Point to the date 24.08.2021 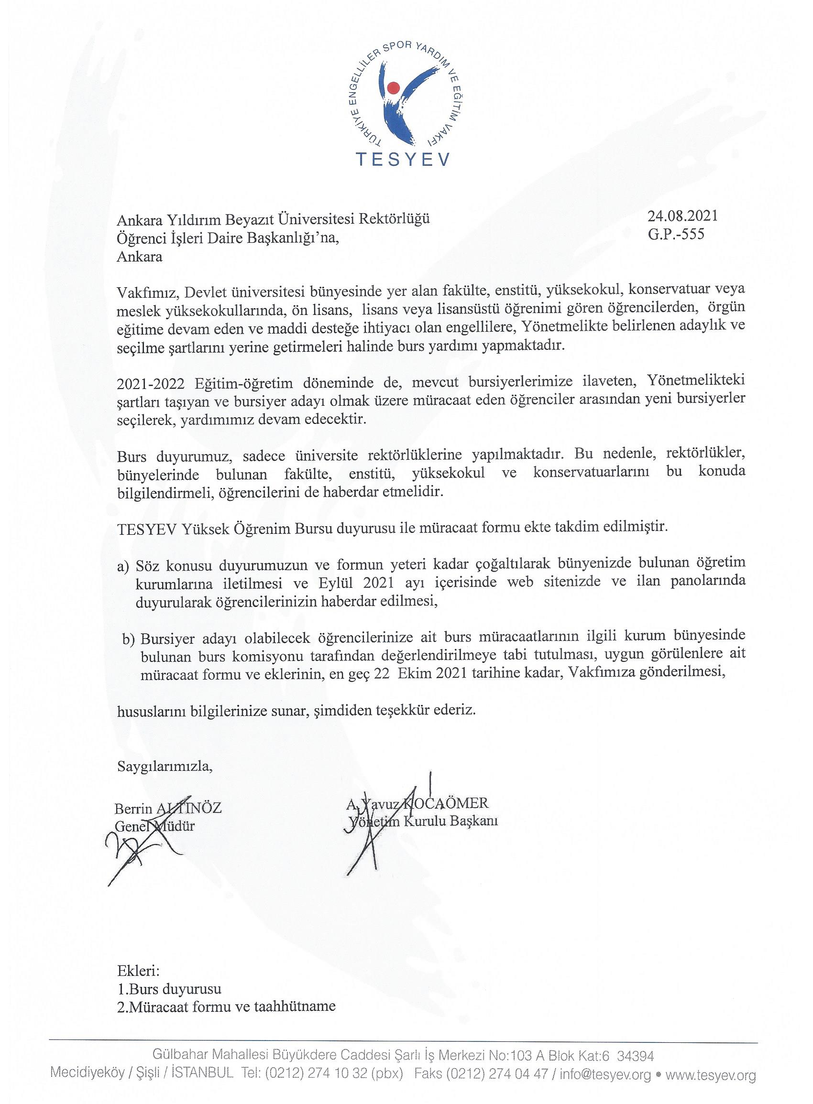click(683, 216)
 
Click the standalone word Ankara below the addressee click(140, 256)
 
